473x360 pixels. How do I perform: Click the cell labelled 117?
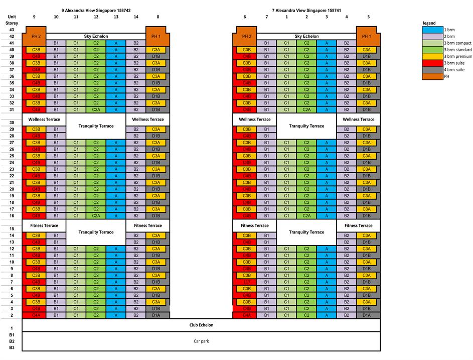click(x=246, y=282)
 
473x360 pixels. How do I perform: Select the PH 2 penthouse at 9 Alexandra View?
click(x=36, y=36)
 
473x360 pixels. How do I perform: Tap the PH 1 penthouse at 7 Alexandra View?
click(x=367, y=36)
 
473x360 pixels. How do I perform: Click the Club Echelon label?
click(x=201, y=325)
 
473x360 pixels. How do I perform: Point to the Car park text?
click(x=201, y=341)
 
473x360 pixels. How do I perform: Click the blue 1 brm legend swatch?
click(x=432, y=30)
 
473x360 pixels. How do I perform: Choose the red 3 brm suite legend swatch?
click(x=432, y=63)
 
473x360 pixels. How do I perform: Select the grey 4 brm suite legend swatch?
click(x=432, y=70)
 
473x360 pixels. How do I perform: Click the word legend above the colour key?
click(x=429, y=23)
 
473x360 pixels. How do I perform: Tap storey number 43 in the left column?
click(x=11, y=30)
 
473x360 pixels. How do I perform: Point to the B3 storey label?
click(x=11, y=347)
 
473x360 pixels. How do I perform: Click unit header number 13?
click(x=116, y=17)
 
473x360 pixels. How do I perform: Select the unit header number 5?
click(x=368, y=17)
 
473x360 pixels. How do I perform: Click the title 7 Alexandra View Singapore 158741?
click(x=306, y=10)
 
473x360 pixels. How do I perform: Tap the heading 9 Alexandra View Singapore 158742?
click(x=96, y=10)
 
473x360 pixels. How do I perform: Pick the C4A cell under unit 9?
click(x=36, y=315)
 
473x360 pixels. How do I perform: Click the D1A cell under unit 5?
click(x=367, y=315)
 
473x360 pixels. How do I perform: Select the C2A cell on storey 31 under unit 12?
click(x=96, y=109)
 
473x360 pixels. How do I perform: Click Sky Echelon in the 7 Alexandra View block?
click(x=306, y=36)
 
